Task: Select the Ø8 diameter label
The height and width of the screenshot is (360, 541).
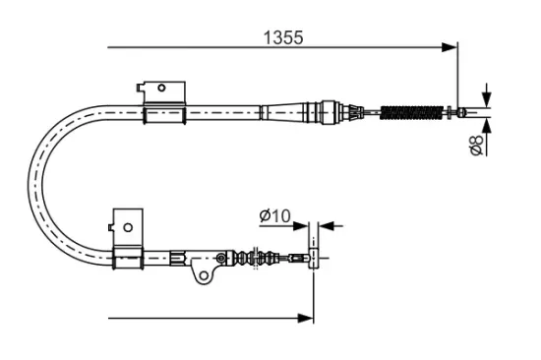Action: [x=476, y=145]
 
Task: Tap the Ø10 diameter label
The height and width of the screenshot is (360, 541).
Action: [x=275, y=215]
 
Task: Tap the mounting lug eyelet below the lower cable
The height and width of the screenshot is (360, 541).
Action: [x=202, y=275]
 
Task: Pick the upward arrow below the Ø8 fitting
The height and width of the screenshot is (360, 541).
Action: [x=487, y=124]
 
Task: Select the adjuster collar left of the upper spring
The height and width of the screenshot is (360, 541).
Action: [x=330, y=110]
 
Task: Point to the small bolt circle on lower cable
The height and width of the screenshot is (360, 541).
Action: [x=221, y=259]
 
